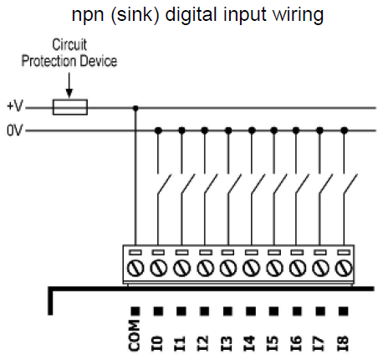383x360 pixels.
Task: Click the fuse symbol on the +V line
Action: tap(70, 107)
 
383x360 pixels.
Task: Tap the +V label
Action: tap(15, 106)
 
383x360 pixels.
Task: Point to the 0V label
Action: tap(15, 131)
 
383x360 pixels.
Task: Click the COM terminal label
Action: tap(135, 335)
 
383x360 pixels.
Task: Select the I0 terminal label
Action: tap(157, 343)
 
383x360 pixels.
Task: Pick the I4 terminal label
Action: tap(250, 343)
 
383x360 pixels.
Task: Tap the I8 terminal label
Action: tap(344, 343)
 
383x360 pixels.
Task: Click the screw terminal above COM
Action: tap(135, 268)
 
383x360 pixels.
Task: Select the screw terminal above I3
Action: tap(228, 268)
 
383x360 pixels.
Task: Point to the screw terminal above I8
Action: tap(344, 268)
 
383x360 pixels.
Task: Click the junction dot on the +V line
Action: tap(135, 108)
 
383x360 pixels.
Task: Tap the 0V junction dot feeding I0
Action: tap(158, 131)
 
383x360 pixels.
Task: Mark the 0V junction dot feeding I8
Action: tap(345, 131)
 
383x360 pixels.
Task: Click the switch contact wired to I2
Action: tap(211, 183)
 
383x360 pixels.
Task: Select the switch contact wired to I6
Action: tap(302, 183)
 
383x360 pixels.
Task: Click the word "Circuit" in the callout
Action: tap(69, 44)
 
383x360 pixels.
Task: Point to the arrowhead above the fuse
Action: tap(69, 93)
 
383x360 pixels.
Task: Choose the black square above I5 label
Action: tap(273, 311)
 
